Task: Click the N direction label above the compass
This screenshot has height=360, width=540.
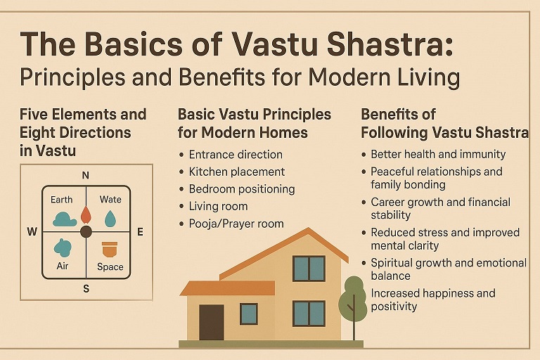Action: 86,175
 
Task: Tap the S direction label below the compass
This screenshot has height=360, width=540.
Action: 86,288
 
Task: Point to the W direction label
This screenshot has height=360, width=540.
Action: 32,232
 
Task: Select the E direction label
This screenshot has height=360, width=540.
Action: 139,231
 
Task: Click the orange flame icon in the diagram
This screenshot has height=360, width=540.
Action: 86,214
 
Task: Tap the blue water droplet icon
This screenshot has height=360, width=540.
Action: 110,219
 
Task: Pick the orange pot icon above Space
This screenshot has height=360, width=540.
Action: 109,249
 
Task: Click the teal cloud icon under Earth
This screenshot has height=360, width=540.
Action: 64,219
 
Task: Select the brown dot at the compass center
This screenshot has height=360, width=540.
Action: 86,231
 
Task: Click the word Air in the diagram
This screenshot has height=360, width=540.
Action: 63,266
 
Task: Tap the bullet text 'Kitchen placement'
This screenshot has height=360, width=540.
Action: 236,172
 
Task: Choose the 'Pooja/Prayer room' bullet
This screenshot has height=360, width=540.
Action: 236,224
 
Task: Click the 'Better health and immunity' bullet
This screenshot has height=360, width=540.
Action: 438,154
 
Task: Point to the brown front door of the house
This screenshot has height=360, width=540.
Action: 211,322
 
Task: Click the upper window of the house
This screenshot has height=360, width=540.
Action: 308,269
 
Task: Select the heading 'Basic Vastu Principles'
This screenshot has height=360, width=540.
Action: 254,114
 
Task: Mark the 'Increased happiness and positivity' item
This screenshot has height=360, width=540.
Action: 432,300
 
